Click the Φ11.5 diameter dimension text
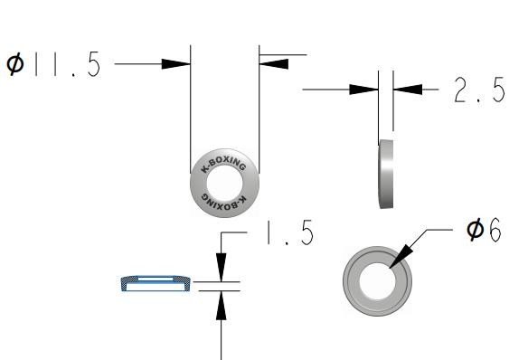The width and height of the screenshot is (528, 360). point(54,64)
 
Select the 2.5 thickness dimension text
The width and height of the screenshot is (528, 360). point(479,90)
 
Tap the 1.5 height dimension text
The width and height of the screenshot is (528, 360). point(290,232)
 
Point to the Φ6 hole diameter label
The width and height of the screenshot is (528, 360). point(484,230)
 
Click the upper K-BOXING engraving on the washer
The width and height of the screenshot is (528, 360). point(223,164)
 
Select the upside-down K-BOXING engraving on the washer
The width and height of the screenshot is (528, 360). point(224,203)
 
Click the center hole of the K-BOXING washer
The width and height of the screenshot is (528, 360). point(224,184)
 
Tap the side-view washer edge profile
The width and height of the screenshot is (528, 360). point(386,174)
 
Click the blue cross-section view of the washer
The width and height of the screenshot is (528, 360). point(156,283)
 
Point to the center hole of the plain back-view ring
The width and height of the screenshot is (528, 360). point(378,281)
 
